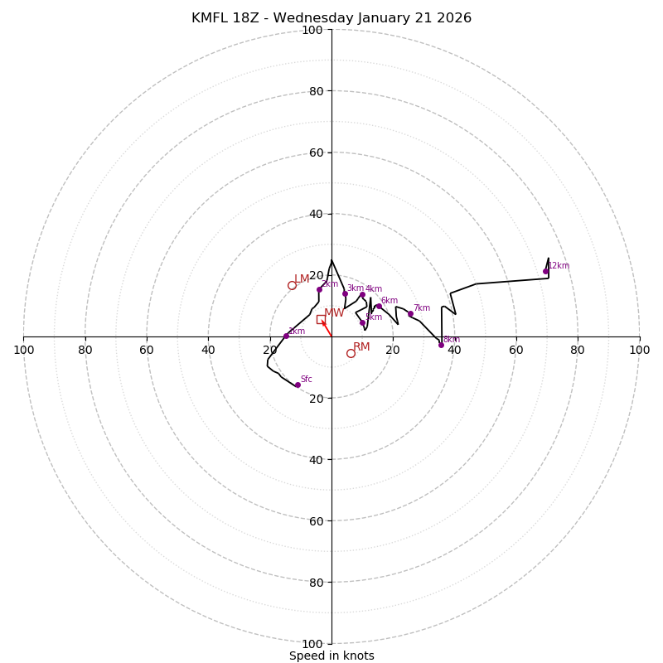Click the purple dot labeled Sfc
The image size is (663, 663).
click(298, 385)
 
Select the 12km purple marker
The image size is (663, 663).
click(545, 271)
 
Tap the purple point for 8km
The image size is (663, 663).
click(441, 345)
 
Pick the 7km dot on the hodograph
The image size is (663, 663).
click(410, 313)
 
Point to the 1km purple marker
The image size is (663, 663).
click(286, 336)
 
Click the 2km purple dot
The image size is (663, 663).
click(319, 289)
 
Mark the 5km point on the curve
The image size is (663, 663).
click(362, 322)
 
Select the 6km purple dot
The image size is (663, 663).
click(379, 306)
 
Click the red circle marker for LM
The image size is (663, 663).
click(292, 286)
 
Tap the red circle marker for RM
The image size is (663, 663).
click(351, 353)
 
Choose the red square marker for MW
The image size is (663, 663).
click(321, 319)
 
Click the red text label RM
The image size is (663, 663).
click(361, 346)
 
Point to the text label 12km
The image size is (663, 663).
click(559, 266)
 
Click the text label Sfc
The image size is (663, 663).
click(306, 380)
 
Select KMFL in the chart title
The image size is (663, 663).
click(209, 18)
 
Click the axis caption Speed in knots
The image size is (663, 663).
click(331, 656)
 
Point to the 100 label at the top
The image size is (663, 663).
click(312, 30)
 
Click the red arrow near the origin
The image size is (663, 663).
click(327, 328)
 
